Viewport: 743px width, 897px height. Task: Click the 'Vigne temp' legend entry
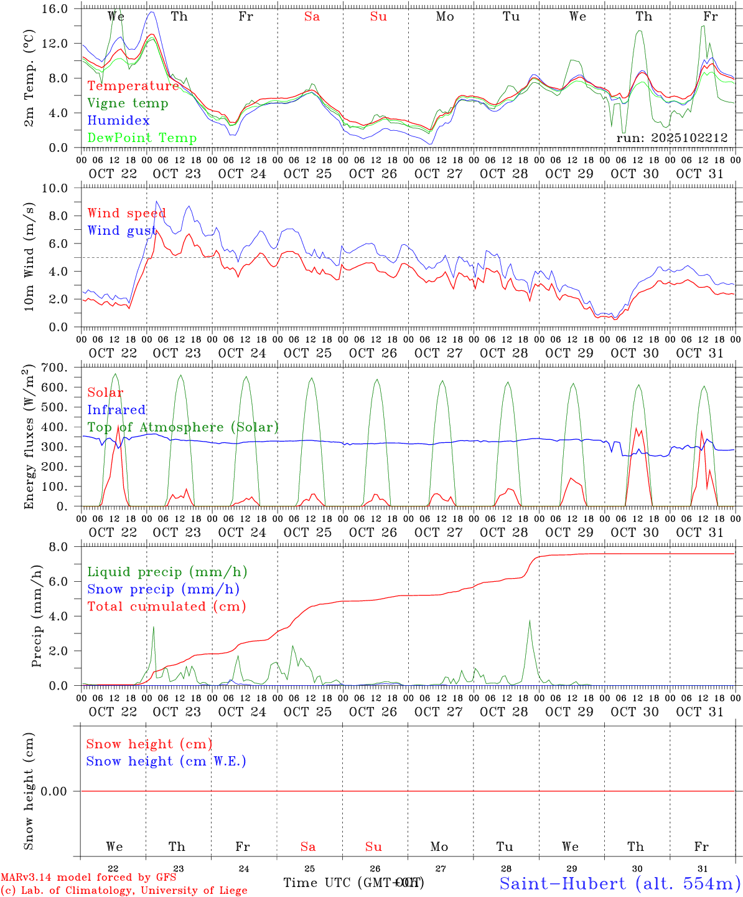coord(128,103)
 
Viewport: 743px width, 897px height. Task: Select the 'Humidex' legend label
coord(118,121)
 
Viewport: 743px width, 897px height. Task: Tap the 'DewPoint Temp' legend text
coord(142,138)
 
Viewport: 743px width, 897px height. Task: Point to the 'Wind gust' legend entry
coord(121,231)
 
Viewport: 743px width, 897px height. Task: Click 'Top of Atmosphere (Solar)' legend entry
coord(183,427)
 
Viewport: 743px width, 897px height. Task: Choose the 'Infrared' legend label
coord(116,410)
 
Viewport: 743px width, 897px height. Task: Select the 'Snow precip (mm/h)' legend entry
coord(163,589)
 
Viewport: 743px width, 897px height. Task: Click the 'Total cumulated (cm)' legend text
coord(166,607)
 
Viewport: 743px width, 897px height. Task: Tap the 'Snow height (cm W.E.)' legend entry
coord(166,761)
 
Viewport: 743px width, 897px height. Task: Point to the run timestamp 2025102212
coord(672,138)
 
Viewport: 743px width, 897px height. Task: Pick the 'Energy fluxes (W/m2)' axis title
coord(29,438)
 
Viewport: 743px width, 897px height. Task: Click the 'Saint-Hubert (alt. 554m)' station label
coord(620,883)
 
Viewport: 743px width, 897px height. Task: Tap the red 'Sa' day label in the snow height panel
coord(308,847)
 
